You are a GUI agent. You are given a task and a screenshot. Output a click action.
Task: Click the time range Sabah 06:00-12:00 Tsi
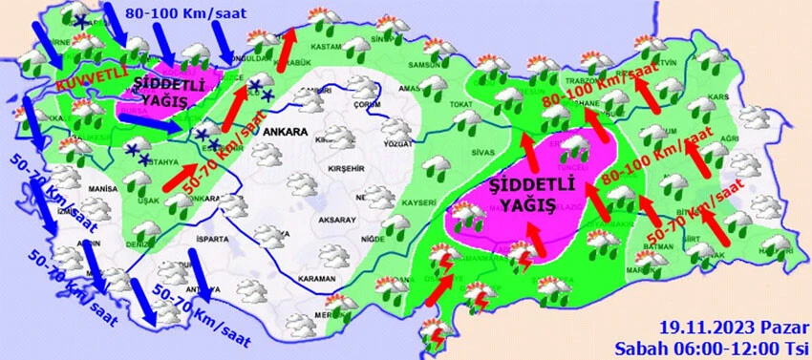(712, 345)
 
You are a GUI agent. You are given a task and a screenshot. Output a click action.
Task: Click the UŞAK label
(148, 201)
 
